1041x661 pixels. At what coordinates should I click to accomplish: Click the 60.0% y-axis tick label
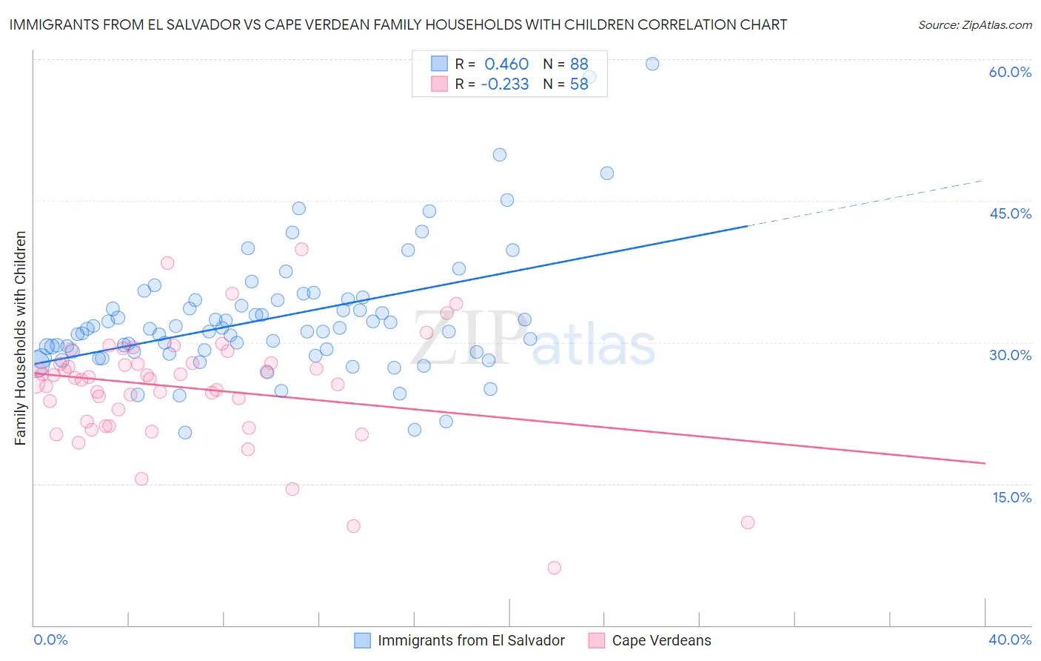click(1010, 72)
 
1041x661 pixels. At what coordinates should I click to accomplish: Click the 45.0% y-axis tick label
click(1010, 213)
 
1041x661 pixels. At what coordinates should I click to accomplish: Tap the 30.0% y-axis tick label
click(1010, 355)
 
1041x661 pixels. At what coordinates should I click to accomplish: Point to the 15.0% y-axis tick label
click(1011, 497)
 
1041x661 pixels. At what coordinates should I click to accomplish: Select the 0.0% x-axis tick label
click(50, 640)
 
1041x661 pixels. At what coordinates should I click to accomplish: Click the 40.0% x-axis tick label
click(1010, 640)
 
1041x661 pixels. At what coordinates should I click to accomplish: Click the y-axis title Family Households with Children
click(20, 338)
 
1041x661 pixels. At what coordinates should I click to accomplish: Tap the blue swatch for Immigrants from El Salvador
click(362, 640)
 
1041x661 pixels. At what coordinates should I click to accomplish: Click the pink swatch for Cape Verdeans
click(596, 640)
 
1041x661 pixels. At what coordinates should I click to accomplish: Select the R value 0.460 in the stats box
click(506, 64)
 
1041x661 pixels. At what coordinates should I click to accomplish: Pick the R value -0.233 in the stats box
click(504, 84)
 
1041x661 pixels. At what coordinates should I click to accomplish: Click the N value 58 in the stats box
click(579, 84)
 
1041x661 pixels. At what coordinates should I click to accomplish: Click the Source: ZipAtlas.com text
click(974, 25)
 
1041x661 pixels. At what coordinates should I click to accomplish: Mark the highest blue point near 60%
click(652, 64)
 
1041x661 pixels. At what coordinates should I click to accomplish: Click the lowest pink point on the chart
click(555, 568)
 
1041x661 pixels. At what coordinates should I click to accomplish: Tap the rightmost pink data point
click(748, 522)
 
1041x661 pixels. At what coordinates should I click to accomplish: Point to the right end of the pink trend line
click(985, 463)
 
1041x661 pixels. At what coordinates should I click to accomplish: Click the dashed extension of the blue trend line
click(866, 202)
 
